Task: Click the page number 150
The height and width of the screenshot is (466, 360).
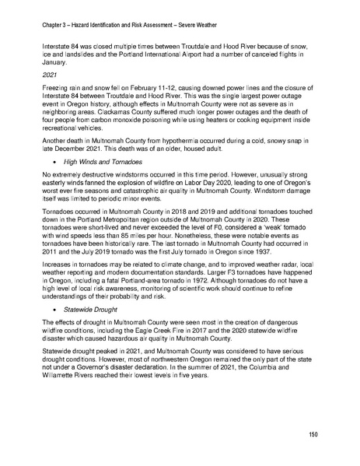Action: click(x=313, y=433)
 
